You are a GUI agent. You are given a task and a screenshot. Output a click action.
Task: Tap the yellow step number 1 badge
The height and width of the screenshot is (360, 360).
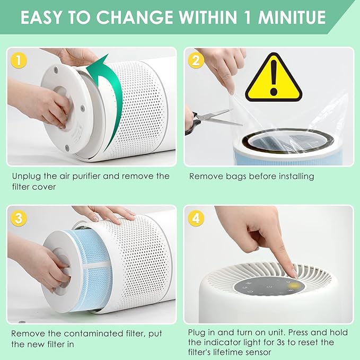tap(20, 60)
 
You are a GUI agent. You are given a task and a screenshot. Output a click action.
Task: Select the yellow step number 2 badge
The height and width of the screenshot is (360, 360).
tap(196, 60)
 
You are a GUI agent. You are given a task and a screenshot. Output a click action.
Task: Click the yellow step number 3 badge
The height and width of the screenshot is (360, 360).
tap(20, 218)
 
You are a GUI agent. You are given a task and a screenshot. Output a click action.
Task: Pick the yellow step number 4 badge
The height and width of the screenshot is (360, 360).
tap(196, 218)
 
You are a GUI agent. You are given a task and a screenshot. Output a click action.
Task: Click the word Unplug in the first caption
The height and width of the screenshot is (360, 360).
tap(25, 176)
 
